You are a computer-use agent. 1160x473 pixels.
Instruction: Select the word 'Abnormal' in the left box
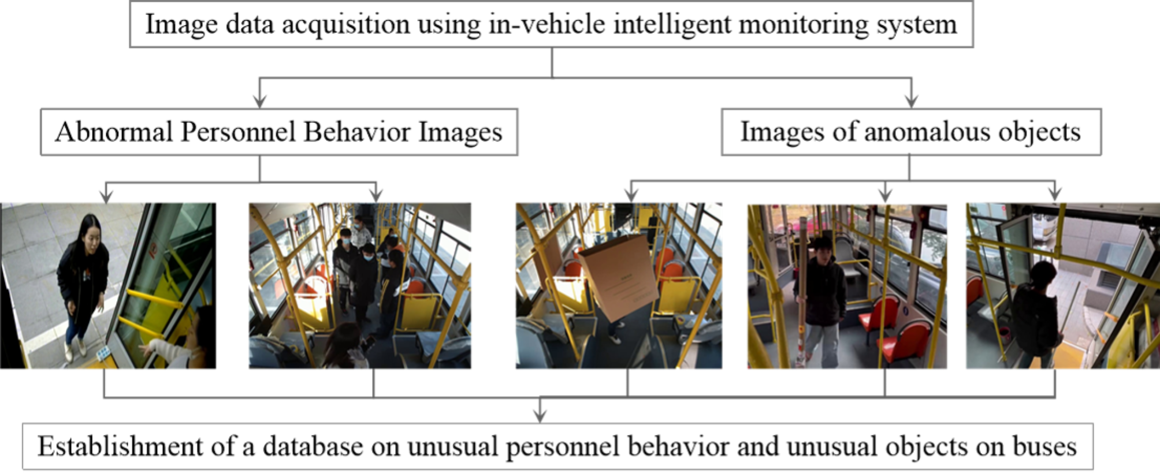point(114,132)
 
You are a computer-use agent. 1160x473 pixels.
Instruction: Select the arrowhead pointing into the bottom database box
point(540,416)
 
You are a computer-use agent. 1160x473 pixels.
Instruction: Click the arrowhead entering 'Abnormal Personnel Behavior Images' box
point(260,102)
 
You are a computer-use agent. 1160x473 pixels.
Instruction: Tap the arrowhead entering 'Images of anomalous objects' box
point(912,102)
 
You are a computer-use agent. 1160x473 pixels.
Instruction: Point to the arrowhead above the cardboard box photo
point(631,196)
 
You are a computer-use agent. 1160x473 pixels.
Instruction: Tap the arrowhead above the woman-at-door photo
point(106,196)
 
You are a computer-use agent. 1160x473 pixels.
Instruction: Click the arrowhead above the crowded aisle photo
point(376,196)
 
